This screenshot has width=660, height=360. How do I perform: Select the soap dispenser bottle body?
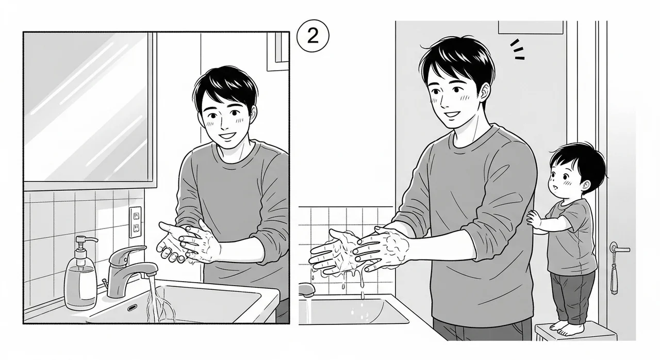pyautogui.click(x=80, y=283)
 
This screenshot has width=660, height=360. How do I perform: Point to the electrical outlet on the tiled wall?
pyautogui.click(x=135, y=221)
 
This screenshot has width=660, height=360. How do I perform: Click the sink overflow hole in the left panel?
pyautogui.click(x=132, y=307)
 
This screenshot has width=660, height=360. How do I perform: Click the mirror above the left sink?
pyautogui.click(x=88, y=108)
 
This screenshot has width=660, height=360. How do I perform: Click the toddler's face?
pyautogui.click(x=567, y=178)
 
